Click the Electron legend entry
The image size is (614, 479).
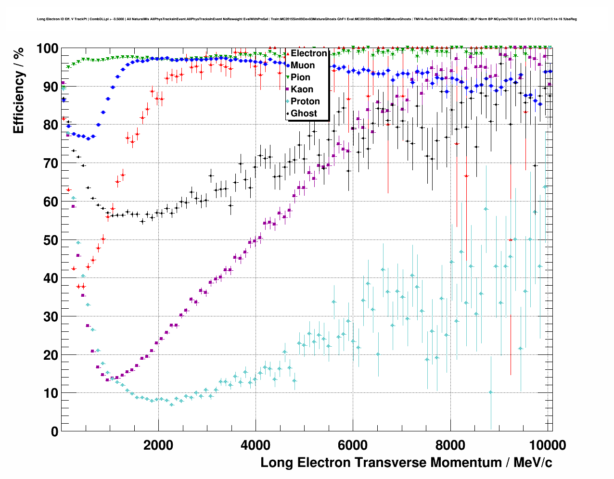[x=308, y=53]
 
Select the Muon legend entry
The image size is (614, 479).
[x=303, y=65]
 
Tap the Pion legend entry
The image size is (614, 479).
[x=300, y=77]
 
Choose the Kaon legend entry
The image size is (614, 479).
[x=302, y=89]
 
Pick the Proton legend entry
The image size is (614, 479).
[x=305, y=101]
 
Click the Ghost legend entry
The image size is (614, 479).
[x=304, y=113]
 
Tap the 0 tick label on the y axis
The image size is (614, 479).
[x=54, y=431]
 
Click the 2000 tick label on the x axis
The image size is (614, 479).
[x=158, y=445]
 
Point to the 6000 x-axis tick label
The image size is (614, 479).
[x=353, y=445]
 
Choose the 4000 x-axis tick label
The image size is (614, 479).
[x=256, y=445]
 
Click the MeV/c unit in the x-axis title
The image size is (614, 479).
[x=533, y=463]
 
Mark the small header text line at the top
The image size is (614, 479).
[x=307, y=19]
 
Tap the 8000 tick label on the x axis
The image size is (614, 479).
[x=450, y=445]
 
